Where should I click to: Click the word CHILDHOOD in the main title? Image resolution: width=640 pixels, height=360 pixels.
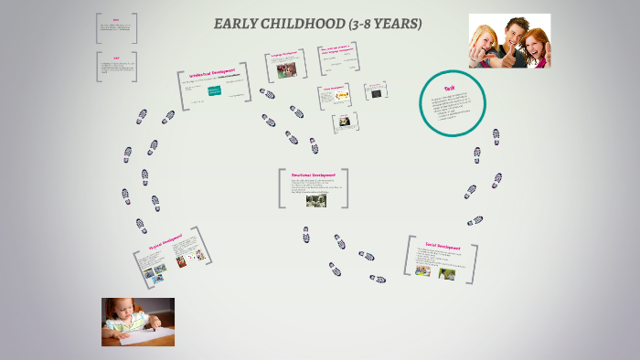click(x=299, y=24)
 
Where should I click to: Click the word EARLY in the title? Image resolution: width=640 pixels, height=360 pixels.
click(x=234, y=24)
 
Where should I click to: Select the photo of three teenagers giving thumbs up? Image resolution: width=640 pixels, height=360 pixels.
click(x=509, y=40)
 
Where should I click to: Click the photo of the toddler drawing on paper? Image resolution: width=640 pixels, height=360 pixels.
click(x=137, y=322)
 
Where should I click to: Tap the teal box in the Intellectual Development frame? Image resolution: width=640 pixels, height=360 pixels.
click(x=215, y=91)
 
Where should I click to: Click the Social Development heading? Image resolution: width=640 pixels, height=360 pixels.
click(x=443, y=247)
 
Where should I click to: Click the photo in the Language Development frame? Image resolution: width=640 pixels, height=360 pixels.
click(x=286, y=70)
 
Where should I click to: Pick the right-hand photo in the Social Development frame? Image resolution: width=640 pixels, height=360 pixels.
click(x=447, y=271)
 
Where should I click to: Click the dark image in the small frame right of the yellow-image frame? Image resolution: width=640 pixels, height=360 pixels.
click(x=374, y=92)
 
